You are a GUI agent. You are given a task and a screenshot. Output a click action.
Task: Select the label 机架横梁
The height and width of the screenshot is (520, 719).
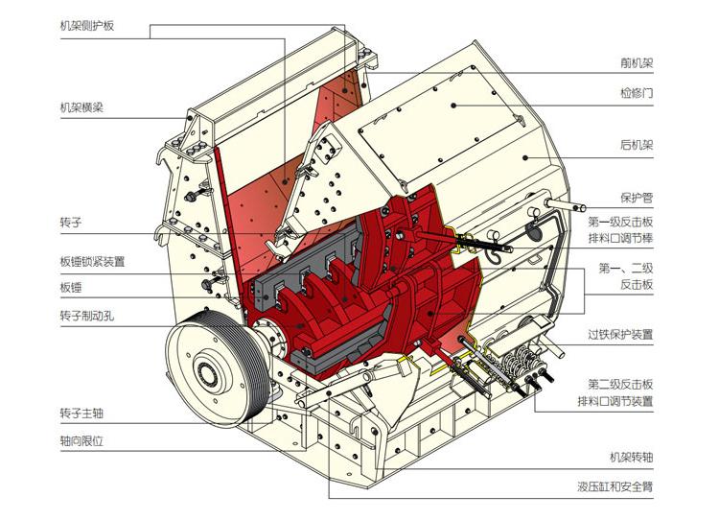tap(81, 107)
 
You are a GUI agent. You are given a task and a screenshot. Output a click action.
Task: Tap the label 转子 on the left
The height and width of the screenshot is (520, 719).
tap(71, 223)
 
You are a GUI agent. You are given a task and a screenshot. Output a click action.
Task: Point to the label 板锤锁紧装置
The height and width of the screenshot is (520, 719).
tap(92, 261)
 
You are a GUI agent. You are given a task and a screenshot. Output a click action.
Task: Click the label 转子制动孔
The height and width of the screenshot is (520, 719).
tap(86, 315)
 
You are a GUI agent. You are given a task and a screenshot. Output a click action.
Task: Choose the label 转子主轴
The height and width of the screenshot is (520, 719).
tap(81, 414)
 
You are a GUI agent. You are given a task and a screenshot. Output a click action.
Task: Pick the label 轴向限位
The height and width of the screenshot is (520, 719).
tap(81, 441)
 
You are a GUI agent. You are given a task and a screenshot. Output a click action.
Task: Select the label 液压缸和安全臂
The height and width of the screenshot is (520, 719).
tap(615, 486)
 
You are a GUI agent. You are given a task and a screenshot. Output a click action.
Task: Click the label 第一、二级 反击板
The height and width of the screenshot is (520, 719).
tap(626, 275)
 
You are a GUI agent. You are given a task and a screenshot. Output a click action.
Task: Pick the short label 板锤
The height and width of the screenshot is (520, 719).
tap(71, 287)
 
